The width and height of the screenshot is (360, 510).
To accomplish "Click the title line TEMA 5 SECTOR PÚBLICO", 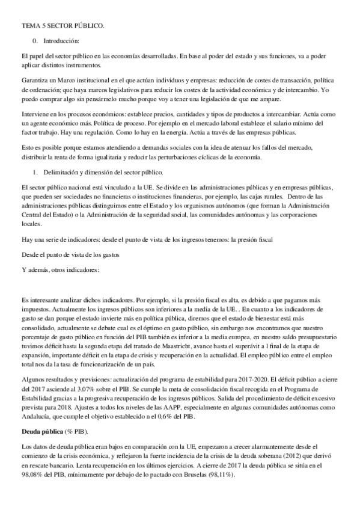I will [63, 26].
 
